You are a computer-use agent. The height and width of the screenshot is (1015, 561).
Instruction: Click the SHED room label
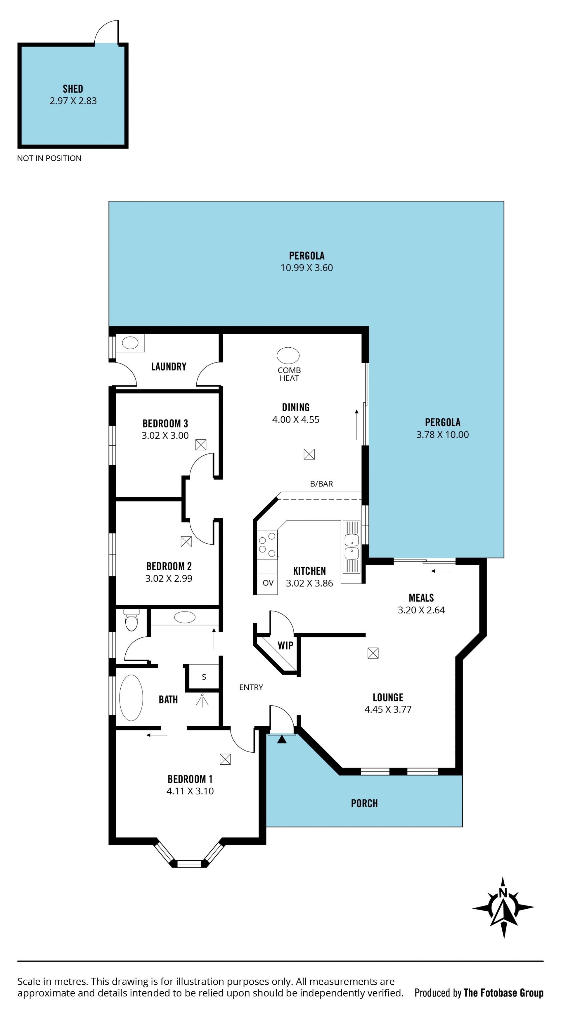(x=73, y=89)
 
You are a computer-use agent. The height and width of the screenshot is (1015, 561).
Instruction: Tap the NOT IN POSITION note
(x=49, y=158)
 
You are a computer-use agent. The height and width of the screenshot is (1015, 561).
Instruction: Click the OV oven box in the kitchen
(x=268, y=583)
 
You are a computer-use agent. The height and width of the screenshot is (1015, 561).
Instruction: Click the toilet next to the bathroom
(x=131, y=620)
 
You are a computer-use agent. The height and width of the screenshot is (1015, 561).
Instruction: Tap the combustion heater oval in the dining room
(x=288, y=355)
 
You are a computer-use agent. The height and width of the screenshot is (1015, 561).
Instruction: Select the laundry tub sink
(x=130, y=343)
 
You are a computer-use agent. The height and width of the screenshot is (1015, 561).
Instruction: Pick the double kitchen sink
(x=352, y=547)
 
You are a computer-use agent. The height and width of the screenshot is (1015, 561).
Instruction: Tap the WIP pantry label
(x=285, y=645)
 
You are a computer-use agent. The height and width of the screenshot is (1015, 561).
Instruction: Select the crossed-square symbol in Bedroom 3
(x=201, y=445)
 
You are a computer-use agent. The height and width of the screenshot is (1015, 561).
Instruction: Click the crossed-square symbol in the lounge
(x=373, y=653)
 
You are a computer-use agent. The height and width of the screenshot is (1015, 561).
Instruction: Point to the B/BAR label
(x=321, y=484)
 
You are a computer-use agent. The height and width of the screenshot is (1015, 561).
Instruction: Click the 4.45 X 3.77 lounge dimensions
(x=388, y=710)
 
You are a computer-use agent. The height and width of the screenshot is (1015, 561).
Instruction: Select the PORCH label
(x=364, y=803)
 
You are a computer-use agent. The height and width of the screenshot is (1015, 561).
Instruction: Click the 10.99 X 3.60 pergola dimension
(x=307, y=268)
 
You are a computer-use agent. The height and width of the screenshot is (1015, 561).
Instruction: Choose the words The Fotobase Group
(x=503, y=993)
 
